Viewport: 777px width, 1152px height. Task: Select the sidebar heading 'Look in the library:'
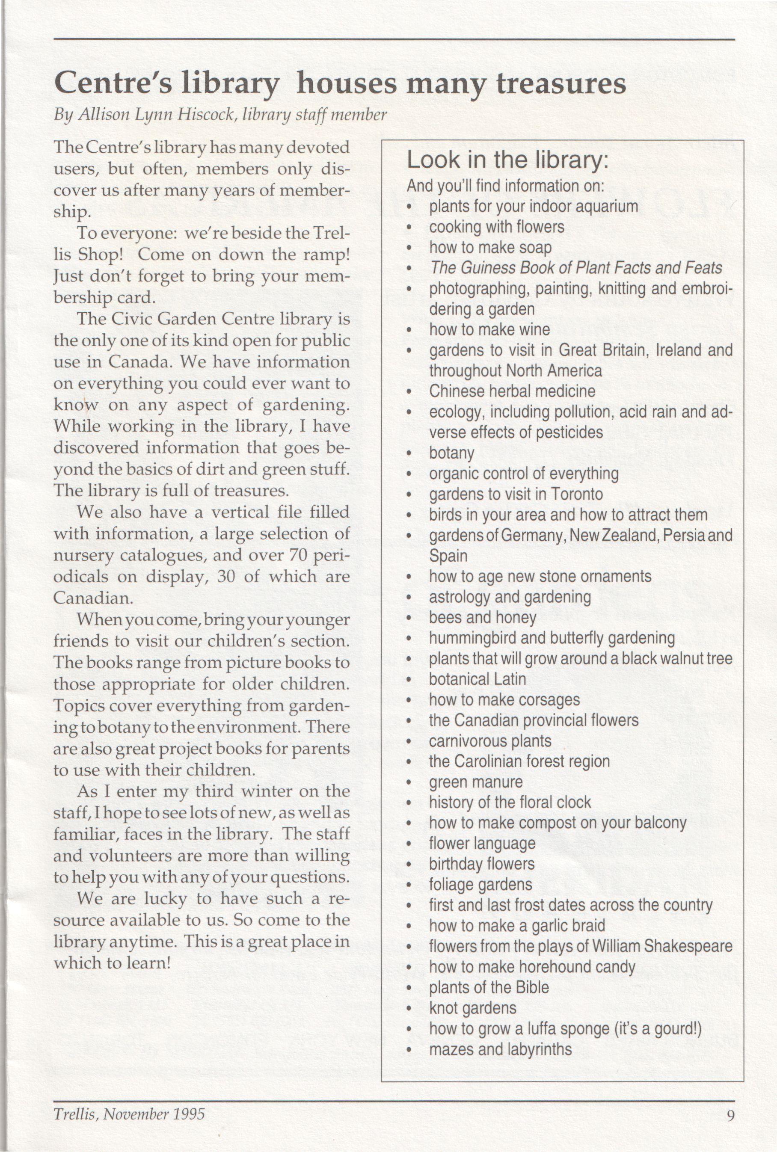(x=507, y=160)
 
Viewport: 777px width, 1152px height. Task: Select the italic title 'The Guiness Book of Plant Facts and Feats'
(x=575, y=268)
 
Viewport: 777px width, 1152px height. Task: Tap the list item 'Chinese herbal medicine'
(x=512, y=391)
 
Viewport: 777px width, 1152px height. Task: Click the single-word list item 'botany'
(x=451, y=453)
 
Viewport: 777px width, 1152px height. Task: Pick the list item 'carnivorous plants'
(x=490, y=741)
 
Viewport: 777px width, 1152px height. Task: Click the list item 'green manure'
(x=476, y=782)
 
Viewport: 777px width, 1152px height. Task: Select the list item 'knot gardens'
(x=473, y=1008)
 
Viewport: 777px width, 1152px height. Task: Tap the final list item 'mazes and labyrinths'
(x=501, y=1049)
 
